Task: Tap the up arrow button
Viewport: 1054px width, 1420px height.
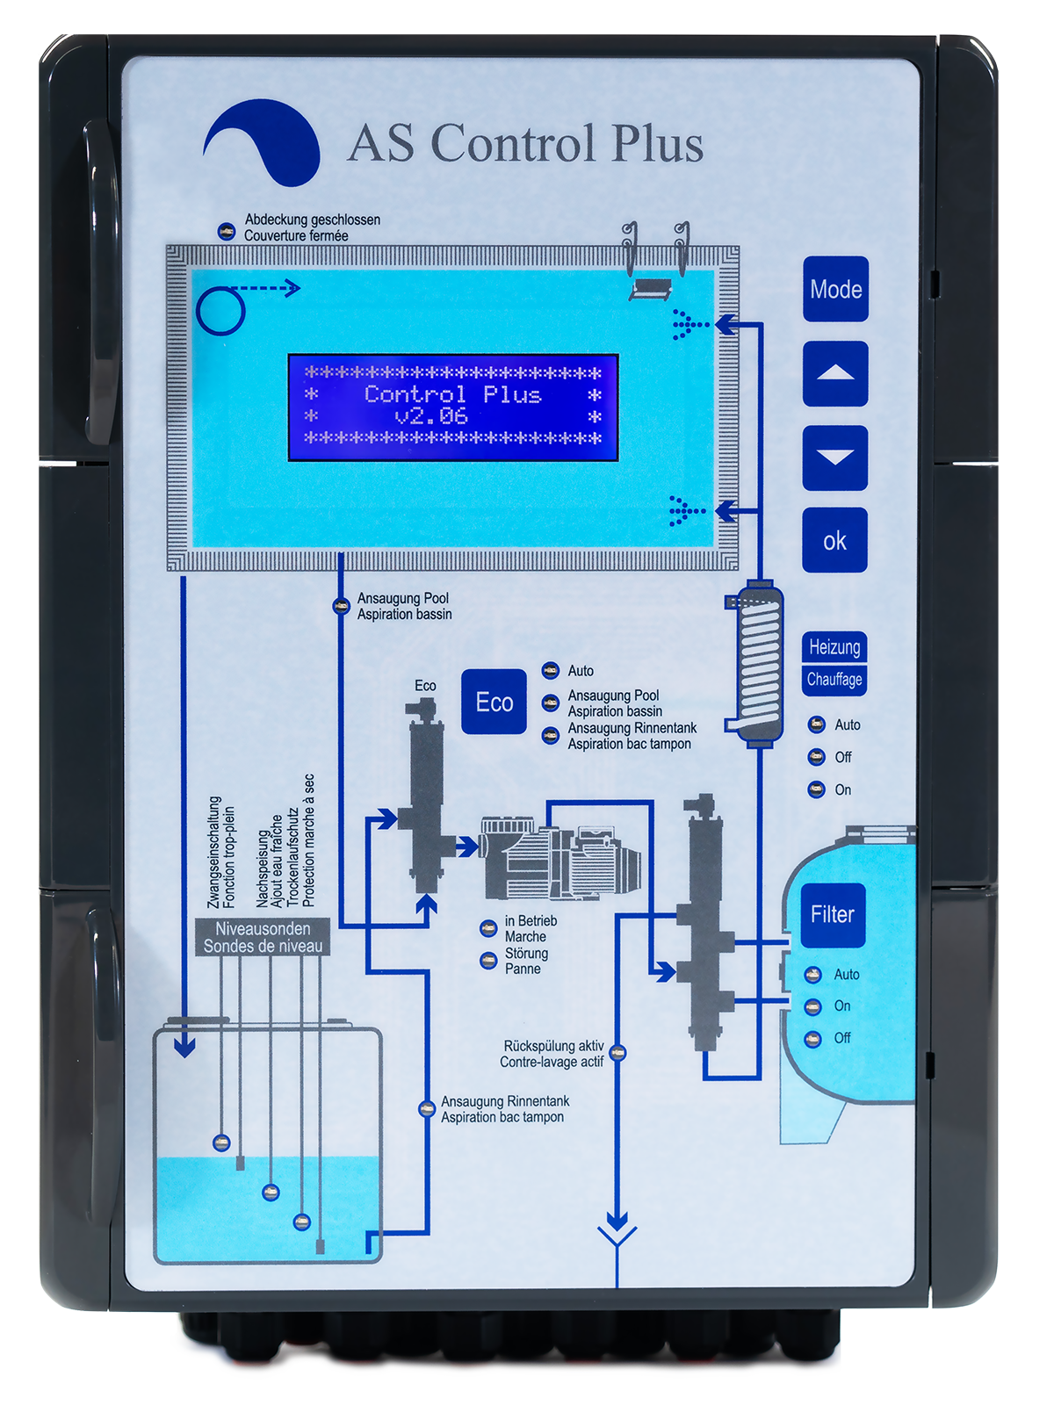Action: click(x=835, y=373)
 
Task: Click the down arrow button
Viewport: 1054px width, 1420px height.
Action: click(x=835, y=458)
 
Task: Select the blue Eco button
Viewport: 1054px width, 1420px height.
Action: click(x=494, y=702)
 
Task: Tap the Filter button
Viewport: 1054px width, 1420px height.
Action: click(x=833, y=915)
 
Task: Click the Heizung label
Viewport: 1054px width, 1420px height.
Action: click(x=834, y=647)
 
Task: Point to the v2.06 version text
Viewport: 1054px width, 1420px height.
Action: click(x=431, y=416)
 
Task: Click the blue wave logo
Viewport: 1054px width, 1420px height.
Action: click(x=261, y=142)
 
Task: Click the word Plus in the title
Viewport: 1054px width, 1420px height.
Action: click(x=657, y=143)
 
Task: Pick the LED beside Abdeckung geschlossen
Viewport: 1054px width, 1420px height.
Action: click(x=226, y=231)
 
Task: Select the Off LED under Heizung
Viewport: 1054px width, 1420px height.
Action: click(x=816, y=757)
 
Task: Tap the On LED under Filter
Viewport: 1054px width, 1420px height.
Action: click(x=812, y=1006)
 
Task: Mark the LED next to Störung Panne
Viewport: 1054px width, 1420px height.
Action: click(x=488, y=961)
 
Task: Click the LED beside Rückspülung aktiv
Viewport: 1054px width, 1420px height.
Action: click(x=617, y=1053)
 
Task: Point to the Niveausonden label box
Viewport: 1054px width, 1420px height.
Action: click(x=263, y=937)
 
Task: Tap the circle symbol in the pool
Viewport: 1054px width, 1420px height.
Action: click(x=220, y=311)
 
